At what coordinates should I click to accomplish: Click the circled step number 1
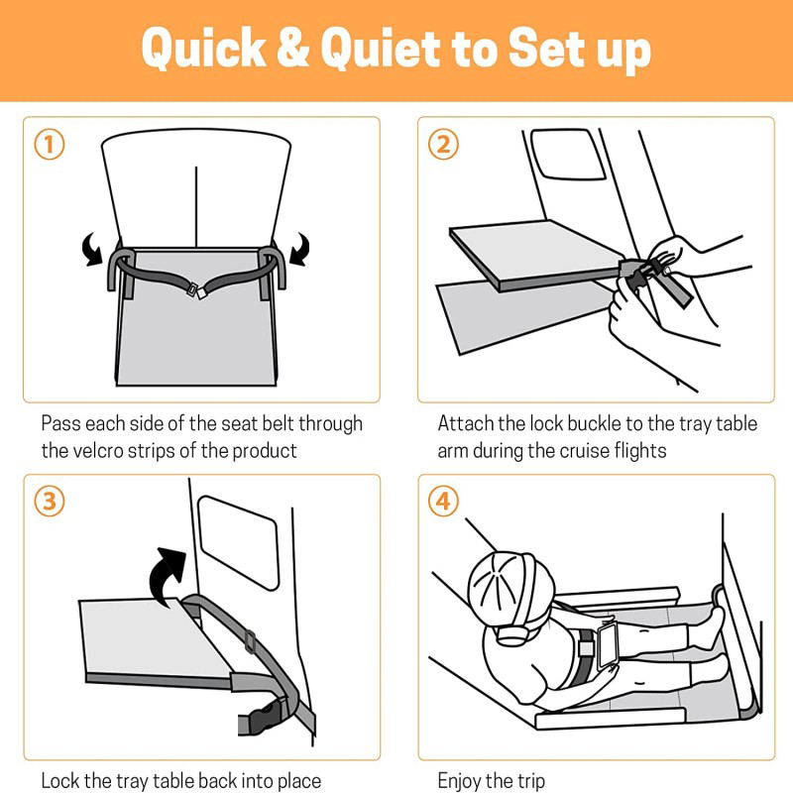pos(49,145)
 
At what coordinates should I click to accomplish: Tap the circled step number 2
pos(443,145)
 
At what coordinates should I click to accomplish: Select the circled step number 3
pos(49,502)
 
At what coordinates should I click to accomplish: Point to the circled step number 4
pos(443,502)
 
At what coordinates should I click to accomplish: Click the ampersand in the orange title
pos(293,47)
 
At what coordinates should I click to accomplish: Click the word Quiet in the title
pos(381,47)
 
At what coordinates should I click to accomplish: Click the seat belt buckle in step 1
pos(195,290)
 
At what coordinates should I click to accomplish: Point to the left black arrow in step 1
pos(92,249)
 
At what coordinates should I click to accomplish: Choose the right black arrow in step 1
pos(300,249)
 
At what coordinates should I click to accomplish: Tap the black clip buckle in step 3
pos(264,716)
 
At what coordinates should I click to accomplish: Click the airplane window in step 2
pos(567,155)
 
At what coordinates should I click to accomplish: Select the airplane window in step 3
pos(238,542)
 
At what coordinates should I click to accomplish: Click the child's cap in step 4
pos(510,587)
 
